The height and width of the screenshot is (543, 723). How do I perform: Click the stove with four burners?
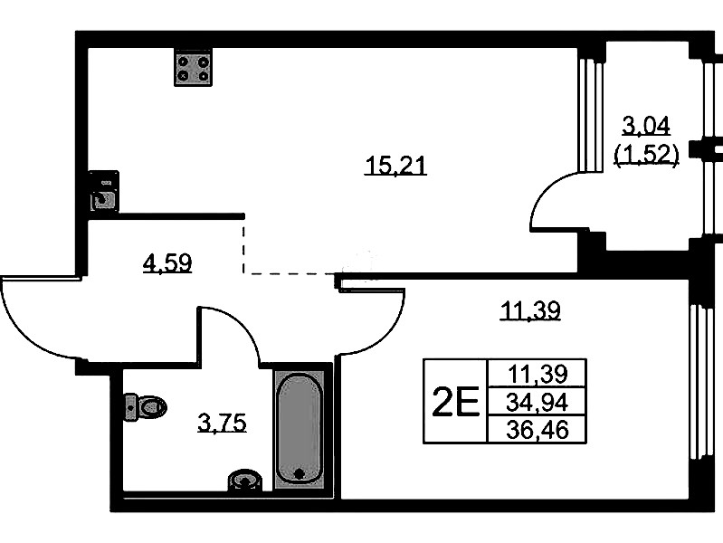pyautogui.click(x=194, y=67)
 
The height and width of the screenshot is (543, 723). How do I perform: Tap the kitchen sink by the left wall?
pyautogui.click(x=104, y=191)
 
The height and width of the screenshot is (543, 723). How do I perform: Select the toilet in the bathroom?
pyautogui.click(x=146, y=407)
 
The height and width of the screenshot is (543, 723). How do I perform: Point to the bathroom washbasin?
pyautogui.click(x=245, y=481)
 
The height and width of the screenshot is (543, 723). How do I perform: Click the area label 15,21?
pyautogui.click(x=395, y=166)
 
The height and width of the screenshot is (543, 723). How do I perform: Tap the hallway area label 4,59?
pyautogui.click(x=167, y=263)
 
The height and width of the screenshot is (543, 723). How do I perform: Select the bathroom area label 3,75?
pyautogui.click(x=223, y=423)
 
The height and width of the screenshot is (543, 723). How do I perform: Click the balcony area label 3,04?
pyautogui.click(x=646, y=126)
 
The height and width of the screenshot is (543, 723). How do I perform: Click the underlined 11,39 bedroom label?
pyautogui.click(x=531, y=310)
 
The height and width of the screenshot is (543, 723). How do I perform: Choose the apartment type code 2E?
pyautogui.click(x=456, y=402)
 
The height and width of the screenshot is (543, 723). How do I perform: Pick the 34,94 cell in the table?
pyautogui.click(x=537, y=403)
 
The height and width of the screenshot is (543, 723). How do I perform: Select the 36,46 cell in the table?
pyautogui.click(x=537, y=431)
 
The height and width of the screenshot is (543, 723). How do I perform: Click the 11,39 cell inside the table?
pyautogui.click(x=537, y=373)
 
